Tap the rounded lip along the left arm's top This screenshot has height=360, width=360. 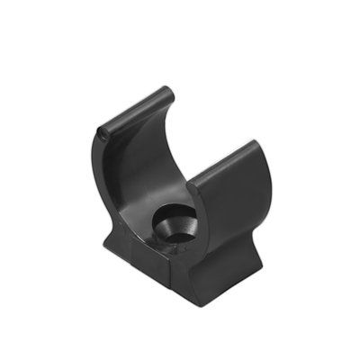coord(135,110)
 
